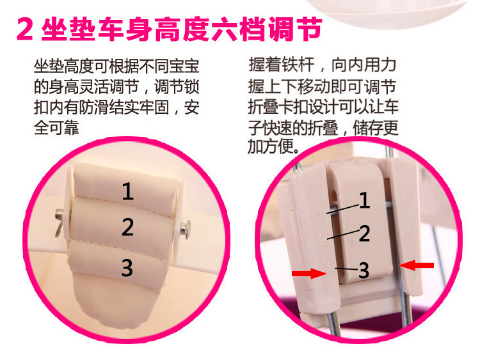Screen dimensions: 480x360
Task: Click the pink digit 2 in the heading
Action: tap(25, 29)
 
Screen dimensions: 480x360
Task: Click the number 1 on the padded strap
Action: tap(128, 191)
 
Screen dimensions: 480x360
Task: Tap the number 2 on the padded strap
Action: tap(127, 227)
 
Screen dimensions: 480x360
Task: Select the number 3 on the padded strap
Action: tap(127, 268)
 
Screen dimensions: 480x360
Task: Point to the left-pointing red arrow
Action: tap(417, 265)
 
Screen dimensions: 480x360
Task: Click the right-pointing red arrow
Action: tap(310, 273)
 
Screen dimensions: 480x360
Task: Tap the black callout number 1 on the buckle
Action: tap(364, 201)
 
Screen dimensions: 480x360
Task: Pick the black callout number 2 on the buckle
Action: tap(364, 233)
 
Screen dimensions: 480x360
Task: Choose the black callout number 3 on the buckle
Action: tap(364, 270)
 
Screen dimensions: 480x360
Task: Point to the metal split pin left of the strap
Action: tap(59, 223)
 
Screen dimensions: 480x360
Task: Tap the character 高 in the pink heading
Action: tap(168, 29)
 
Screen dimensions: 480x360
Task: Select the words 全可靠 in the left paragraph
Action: tap(56, 128)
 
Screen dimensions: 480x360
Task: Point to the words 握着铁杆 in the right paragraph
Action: tap(282, 65)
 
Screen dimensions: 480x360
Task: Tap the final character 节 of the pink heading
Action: tap(309, 29)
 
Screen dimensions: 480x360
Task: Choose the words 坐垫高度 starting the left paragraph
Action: tap(63, 67)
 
